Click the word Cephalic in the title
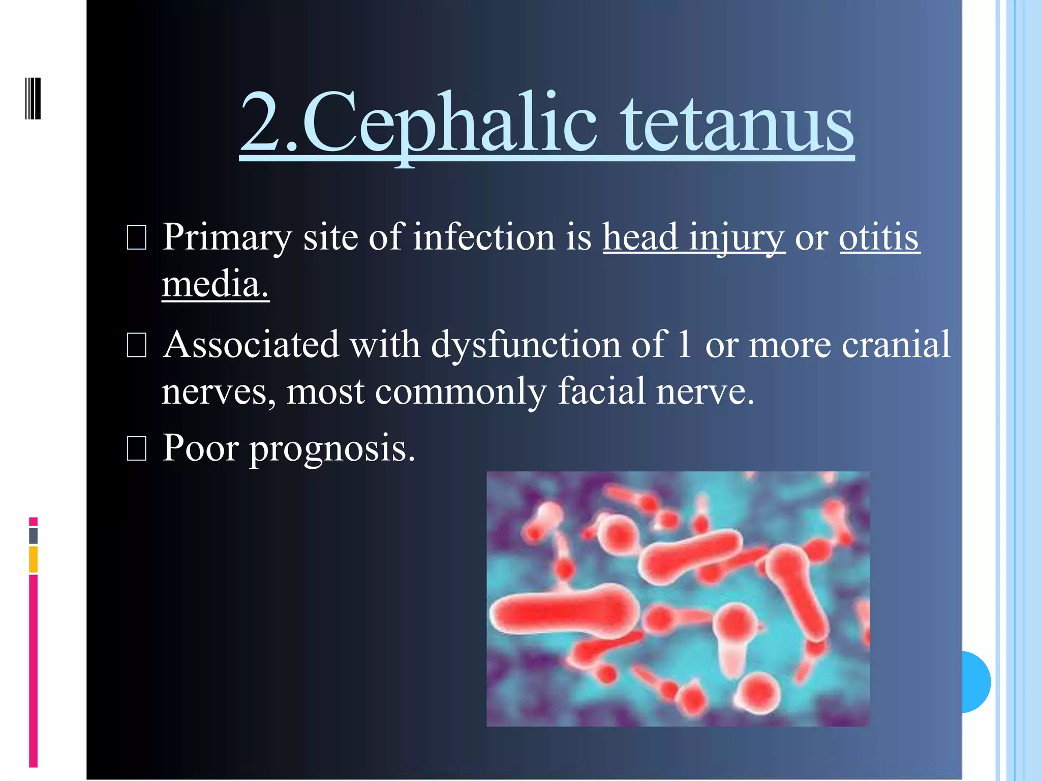point(450,123)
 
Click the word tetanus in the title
point(738,123)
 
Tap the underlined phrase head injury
point(694,237)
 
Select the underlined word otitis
point(879,237)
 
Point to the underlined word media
point(215,284)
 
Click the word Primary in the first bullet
point(227,237)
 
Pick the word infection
point(483,237)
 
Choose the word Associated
point(251,345)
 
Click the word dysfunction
point(526,345)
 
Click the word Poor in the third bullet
point(200,448)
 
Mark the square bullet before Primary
point(136,238)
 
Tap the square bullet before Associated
point(136,345)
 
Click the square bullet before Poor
point(136,448)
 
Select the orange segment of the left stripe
point(34,559)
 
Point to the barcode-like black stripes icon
point(33,98)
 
